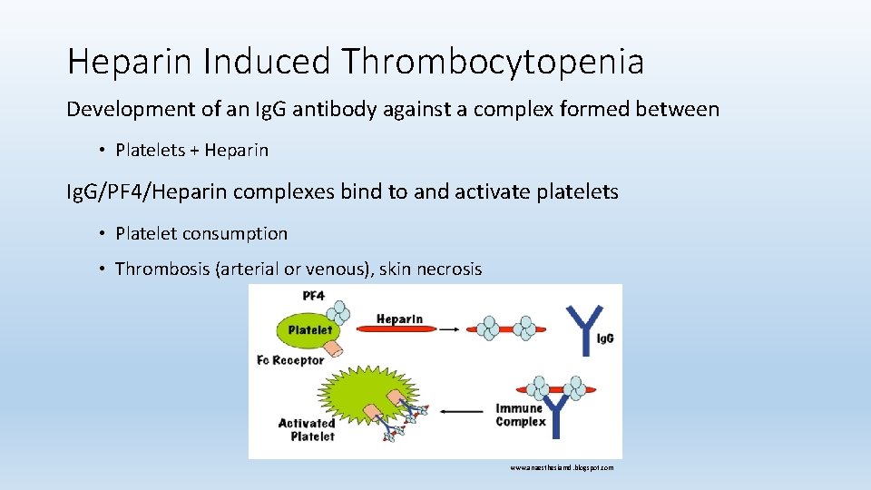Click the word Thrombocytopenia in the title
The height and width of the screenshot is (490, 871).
pos(494,62)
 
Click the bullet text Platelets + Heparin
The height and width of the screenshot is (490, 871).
pos(191,150)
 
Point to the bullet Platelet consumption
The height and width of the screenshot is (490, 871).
pos(201,233)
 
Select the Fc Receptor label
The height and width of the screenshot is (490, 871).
pos(290,360)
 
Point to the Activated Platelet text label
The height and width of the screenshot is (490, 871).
pos(306,429)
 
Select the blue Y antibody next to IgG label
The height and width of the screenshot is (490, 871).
pos(582,328)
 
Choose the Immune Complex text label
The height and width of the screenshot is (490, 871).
pos(521,415)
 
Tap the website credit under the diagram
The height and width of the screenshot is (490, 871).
pos(561,467)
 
